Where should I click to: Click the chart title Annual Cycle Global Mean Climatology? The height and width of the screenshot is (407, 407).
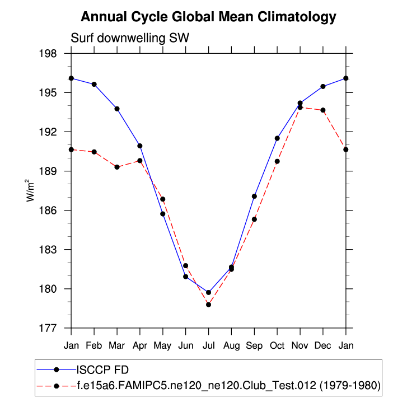coord(208,17)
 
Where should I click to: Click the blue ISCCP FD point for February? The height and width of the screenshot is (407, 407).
coord(94,85)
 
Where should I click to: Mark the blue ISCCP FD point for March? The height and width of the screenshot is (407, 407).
coord(117,109)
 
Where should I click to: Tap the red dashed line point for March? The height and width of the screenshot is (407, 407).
coord(117,167)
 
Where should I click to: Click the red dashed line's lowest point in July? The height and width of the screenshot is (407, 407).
coord(208,305)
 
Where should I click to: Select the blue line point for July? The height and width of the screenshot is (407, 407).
coord(208,292)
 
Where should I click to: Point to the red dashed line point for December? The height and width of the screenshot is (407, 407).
coord(323,110)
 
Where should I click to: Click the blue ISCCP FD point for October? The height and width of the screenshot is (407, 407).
coord(277,138)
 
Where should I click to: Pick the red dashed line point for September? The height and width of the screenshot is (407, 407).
coord(254,219)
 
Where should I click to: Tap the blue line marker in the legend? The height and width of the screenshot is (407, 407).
coord(57,369)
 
